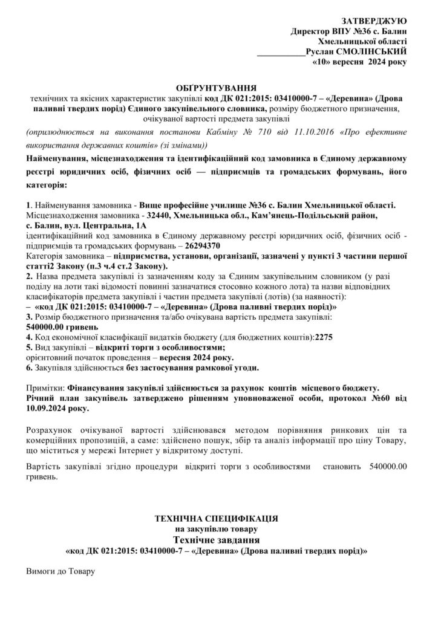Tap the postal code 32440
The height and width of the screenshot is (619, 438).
click(159, 215)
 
